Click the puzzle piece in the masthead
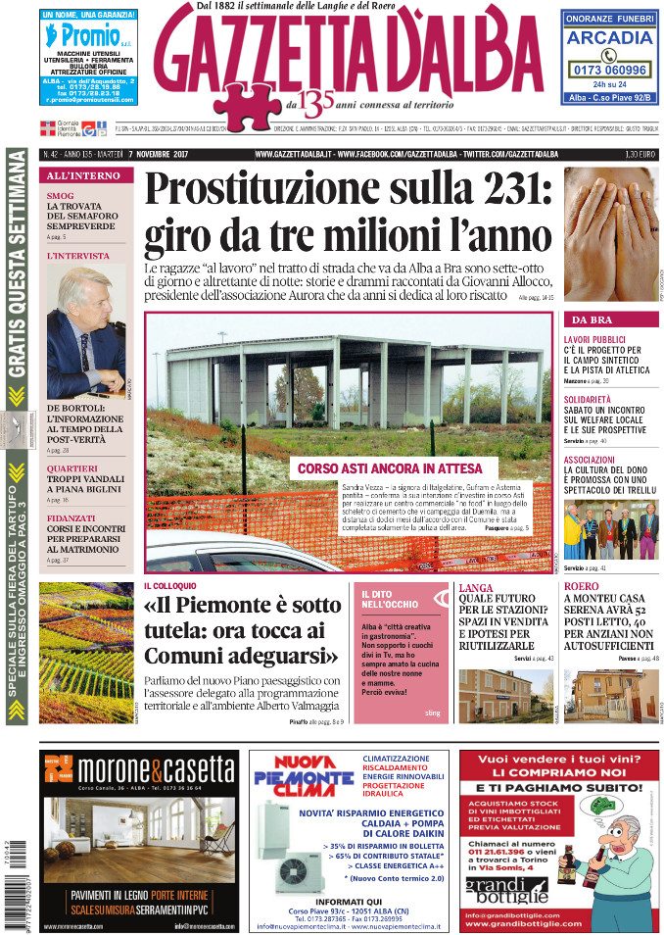pos(248,100)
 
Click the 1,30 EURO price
pos(640,154)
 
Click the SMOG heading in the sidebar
pos(61,196)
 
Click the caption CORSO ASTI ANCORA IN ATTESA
pos(389,468)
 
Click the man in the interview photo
pos(83,333)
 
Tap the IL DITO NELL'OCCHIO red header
pos(389,599)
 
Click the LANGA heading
pos(476,588)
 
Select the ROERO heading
pos(582,588)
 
